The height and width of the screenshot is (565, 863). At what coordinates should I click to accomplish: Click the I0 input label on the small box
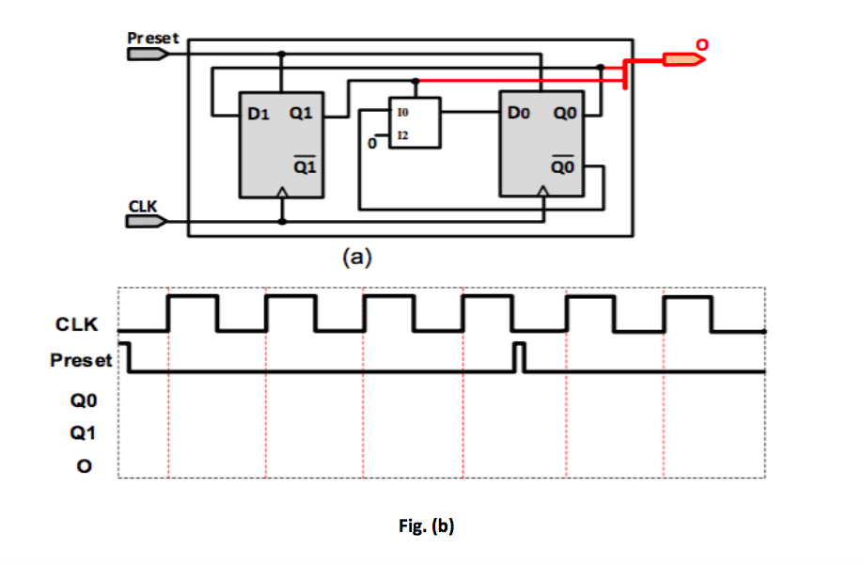click(403, 112)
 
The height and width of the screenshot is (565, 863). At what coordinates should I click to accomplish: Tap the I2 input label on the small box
click(403, 136)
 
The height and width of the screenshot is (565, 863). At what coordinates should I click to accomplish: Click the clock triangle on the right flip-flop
click(544, 193)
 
